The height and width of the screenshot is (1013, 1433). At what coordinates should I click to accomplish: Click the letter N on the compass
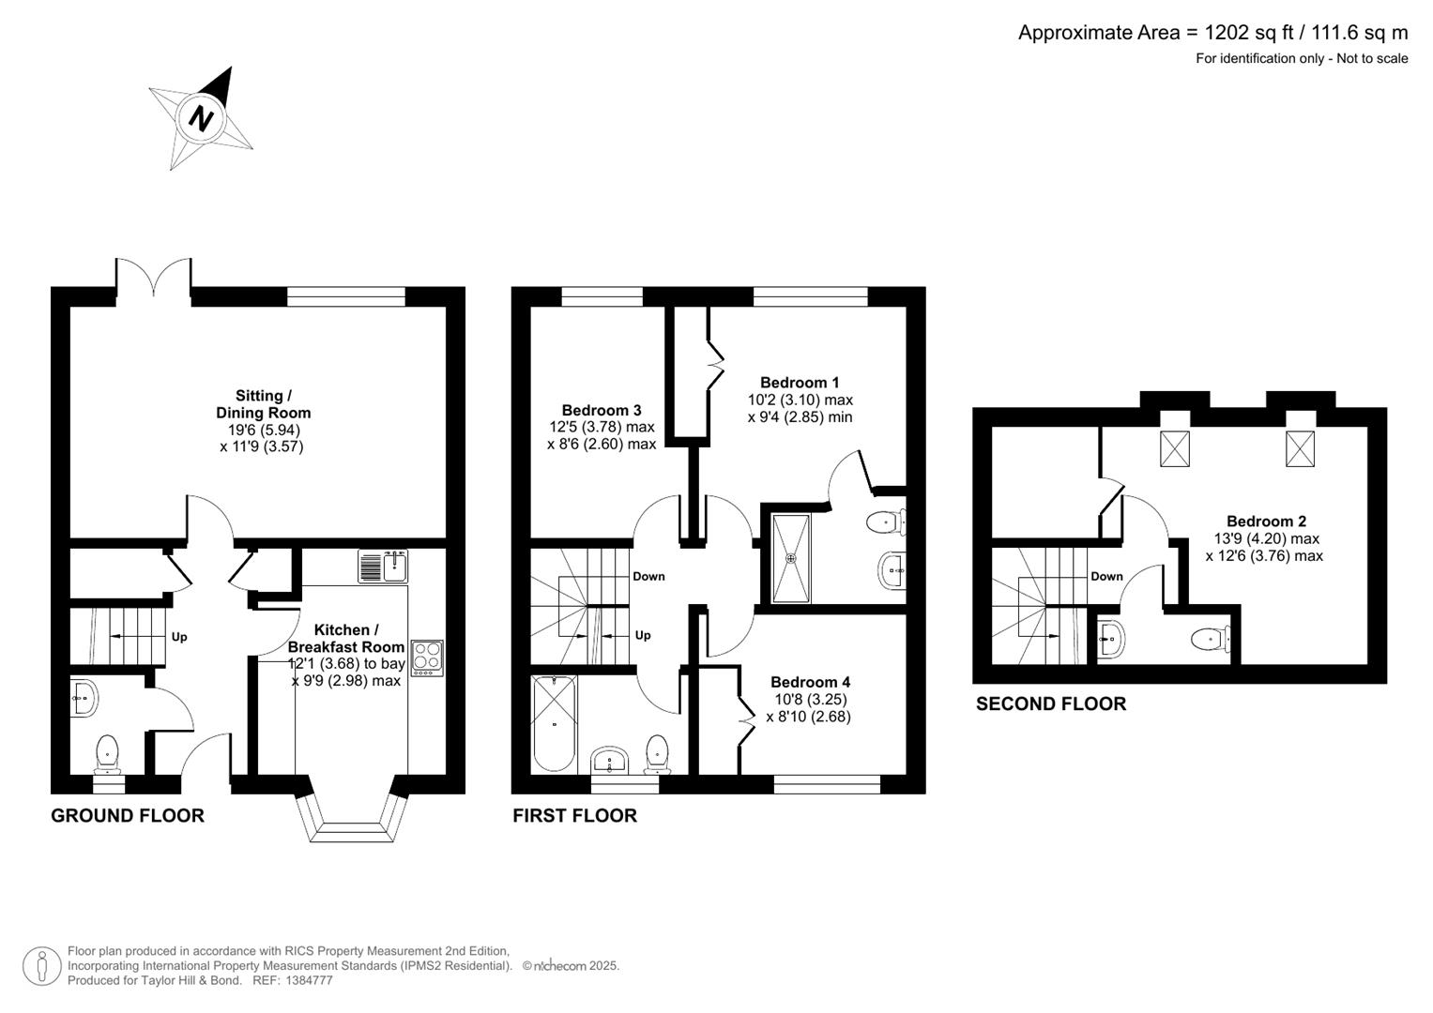click(x=201, y=118)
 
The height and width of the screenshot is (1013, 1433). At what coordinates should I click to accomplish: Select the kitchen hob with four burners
click(x=428, y=657)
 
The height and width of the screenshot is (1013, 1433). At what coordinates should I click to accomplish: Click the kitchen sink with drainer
click(x=385, y=567)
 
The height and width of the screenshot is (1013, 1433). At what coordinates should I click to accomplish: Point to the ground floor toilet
click(x=108, y=750)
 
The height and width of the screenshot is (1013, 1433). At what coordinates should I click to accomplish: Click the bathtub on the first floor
click(x=554, y=722)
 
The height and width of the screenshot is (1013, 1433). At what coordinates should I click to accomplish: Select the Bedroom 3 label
click(x=602, y=410)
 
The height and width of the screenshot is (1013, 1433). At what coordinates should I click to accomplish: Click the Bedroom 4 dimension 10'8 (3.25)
click(x=808, y=700)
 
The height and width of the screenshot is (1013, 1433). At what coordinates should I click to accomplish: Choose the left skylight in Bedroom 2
click(x=1175, y=448)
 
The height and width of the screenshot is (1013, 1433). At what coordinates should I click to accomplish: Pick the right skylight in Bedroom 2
click(x=1300, y=448)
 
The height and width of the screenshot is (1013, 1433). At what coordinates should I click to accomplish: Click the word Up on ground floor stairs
click(x=179, y=637)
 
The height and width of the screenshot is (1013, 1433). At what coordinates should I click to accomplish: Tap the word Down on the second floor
click(x=1106, y=577)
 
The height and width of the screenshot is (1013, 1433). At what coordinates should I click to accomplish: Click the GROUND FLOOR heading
click(x=128, y=815)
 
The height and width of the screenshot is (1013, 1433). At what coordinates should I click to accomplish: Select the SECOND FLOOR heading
click(x=1050, y=703)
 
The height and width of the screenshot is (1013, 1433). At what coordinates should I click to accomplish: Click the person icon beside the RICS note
click(x=42, y=965)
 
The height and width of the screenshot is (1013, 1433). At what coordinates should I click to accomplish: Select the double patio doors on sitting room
click(x=154, y=278)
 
